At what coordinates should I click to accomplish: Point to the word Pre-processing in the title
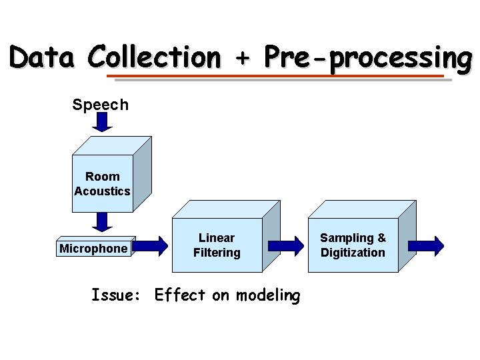(x=366, y=59)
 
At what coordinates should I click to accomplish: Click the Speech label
(x=101, y=105)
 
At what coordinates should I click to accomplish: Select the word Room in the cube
(x=103, y=177)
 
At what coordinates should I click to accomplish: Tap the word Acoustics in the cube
(x=103, y=191)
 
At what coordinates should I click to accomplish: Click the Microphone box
(x=93, y=249)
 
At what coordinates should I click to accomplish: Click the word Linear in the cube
(x=217, y=238)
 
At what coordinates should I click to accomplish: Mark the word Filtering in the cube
(x=217, y=253)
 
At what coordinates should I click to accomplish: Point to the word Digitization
(x=353, y=253)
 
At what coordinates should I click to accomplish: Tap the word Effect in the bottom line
(x=179, y=295)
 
